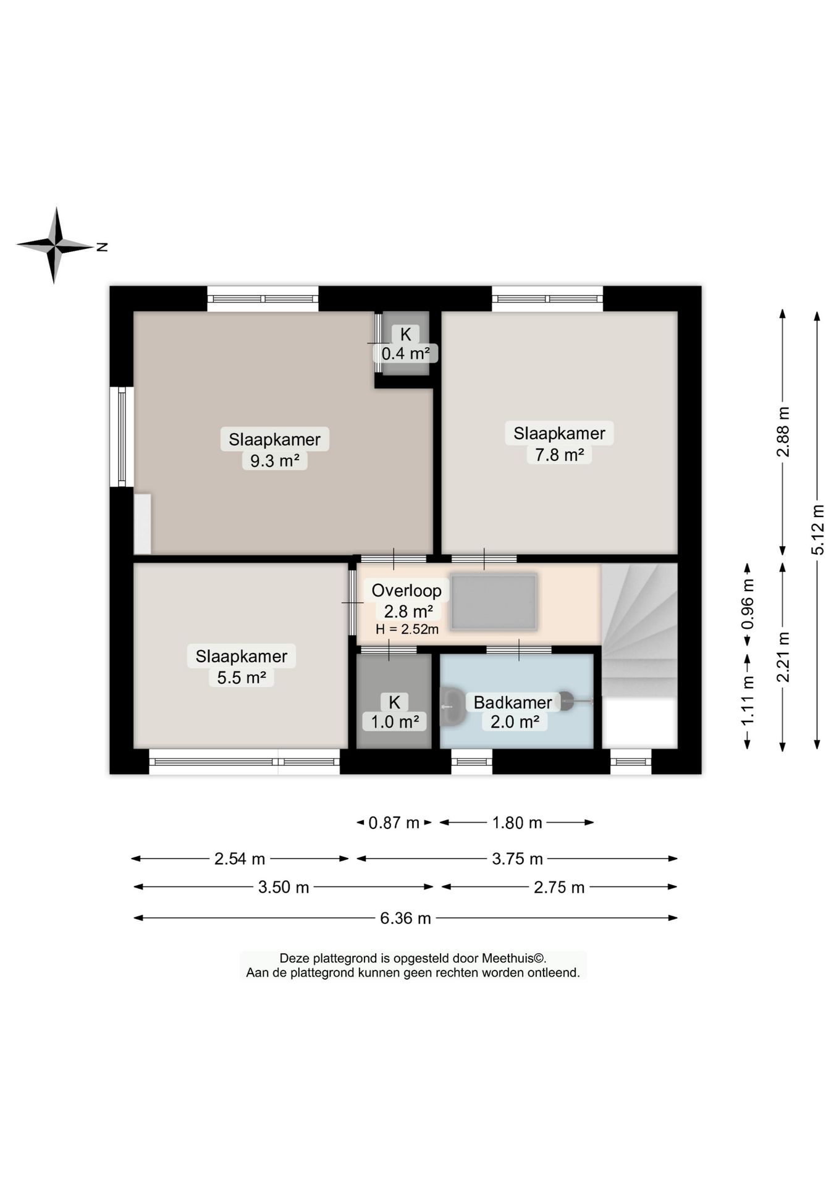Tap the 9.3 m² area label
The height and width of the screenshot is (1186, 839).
[x=275, y=461]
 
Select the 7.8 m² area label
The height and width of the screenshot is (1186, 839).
[x=560, y=455]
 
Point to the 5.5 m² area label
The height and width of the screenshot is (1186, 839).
[x=242, y=678]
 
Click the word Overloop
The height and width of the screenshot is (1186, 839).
[x=407, y=591]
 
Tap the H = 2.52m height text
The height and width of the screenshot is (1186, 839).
[x=407, y=629]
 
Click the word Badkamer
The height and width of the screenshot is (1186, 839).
[x=513, y=702]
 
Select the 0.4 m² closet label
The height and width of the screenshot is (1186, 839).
[x=405, y=353]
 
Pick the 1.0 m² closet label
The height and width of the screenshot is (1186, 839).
[x=395, y=721]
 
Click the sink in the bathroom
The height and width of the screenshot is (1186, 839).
[x=453, y=705]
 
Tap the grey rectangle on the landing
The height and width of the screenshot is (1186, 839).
[x=493, y=602]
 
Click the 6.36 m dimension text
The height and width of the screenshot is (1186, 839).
[x=405, y=919]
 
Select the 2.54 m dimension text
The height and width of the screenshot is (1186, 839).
[x=240, y=859]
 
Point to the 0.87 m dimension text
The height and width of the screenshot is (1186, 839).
[x=394, y=823]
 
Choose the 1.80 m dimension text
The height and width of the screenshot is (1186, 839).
[x=517, y=823]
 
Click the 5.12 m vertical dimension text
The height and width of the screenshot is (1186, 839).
[x=818, y=529]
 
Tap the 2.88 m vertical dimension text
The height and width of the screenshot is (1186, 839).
[x=783, y=431]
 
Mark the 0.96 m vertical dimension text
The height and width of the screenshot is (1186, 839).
[x=748, y=604]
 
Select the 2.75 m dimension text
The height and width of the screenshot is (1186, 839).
[x=559, y=888]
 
